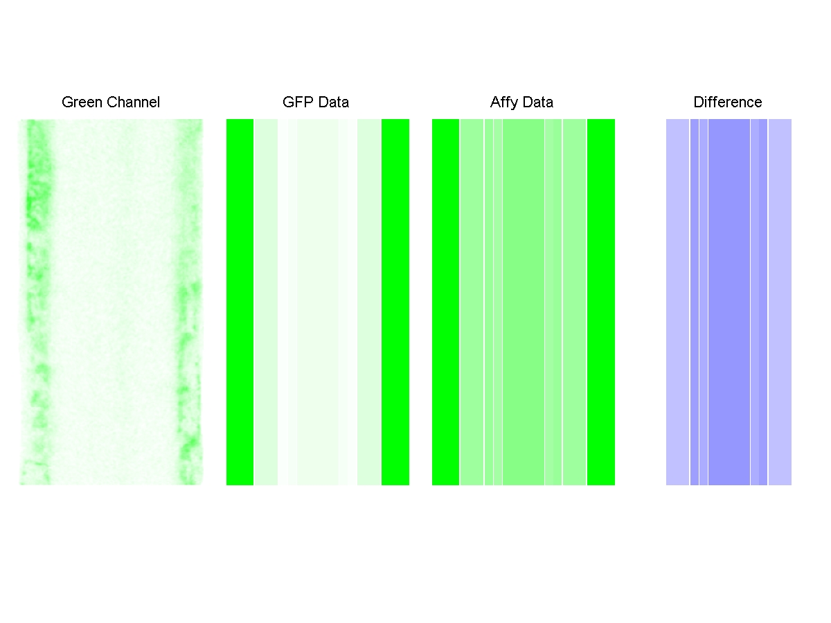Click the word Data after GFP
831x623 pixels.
coord(333,102)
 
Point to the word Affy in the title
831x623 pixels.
coord(504,102)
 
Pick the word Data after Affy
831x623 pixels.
coord(538,102)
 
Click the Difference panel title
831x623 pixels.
coord(728,102)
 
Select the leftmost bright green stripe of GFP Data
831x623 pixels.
coord(240,302)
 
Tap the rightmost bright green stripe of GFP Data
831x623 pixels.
coord(395,302)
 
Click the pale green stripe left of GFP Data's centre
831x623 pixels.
coord(265,302)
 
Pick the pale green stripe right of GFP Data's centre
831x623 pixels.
coord(369,302)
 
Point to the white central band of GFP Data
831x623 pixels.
coord(318,302)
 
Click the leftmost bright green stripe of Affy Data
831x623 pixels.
coord(445,302)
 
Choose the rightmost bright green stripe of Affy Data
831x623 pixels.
coord(601,302)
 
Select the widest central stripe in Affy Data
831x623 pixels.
coord(524,302)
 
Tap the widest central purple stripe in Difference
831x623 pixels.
coord(729,302)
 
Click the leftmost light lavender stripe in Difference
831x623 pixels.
coord(677,302)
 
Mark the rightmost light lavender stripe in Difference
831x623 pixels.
coord(780,302)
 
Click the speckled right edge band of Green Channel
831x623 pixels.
coord(188,302)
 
